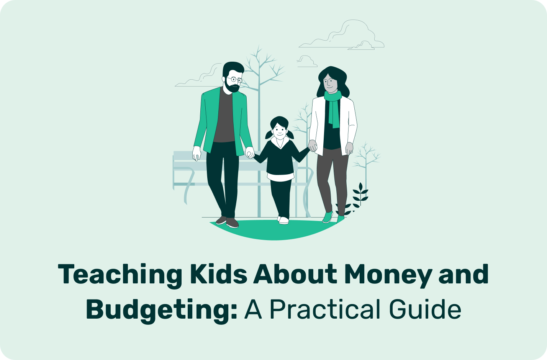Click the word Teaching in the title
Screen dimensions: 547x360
click(x=120, y=275)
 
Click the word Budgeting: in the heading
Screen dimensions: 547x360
click(x=162, y=310)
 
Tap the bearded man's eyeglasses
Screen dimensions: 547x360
click(x=234, y=80)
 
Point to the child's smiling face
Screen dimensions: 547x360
click(x=280, y=132)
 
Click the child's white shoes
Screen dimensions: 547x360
click(x=283, y=220)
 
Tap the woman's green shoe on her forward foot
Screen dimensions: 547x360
click(x=328, y=217)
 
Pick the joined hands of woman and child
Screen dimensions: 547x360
click(x=313, y=146)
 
